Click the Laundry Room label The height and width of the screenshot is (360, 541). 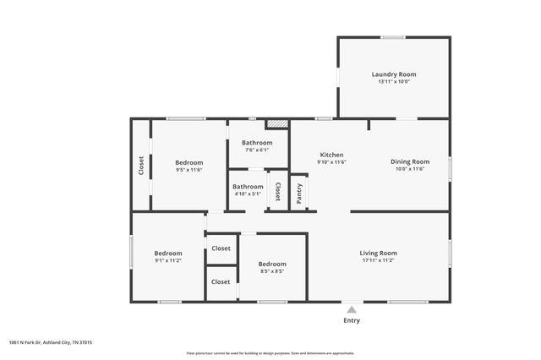pos(394,74)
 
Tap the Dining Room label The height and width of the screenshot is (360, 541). pos(410,161)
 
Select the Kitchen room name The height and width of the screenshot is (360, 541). pos(331,155)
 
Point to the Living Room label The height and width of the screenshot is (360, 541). pos(379,253)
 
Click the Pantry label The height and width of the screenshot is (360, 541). pos(299,193)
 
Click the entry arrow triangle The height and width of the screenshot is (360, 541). pos(351,309)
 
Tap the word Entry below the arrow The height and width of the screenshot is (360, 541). pos(351,321)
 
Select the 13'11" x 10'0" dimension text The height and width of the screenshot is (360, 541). pos(394,82)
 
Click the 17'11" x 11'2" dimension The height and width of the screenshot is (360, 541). pos(379,260)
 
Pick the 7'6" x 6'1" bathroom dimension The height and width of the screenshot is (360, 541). pos(257,150)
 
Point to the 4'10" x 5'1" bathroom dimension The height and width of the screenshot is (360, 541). pos(249,194)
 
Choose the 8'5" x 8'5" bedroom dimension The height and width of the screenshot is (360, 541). pos(272,271)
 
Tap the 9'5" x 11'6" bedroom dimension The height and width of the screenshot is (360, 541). pos(189,170)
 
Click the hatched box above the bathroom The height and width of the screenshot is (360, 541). pos(277,123)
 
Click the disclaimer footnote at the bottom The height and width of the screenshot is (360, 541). pos(270,353)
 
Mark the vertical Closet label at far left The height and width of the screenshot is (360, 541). pos(141,165)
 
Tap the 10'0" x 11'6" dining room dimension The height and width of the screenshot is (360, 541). pos(410,169)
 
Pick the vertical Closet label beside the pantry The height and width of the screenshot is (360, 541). pos(277,191)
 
